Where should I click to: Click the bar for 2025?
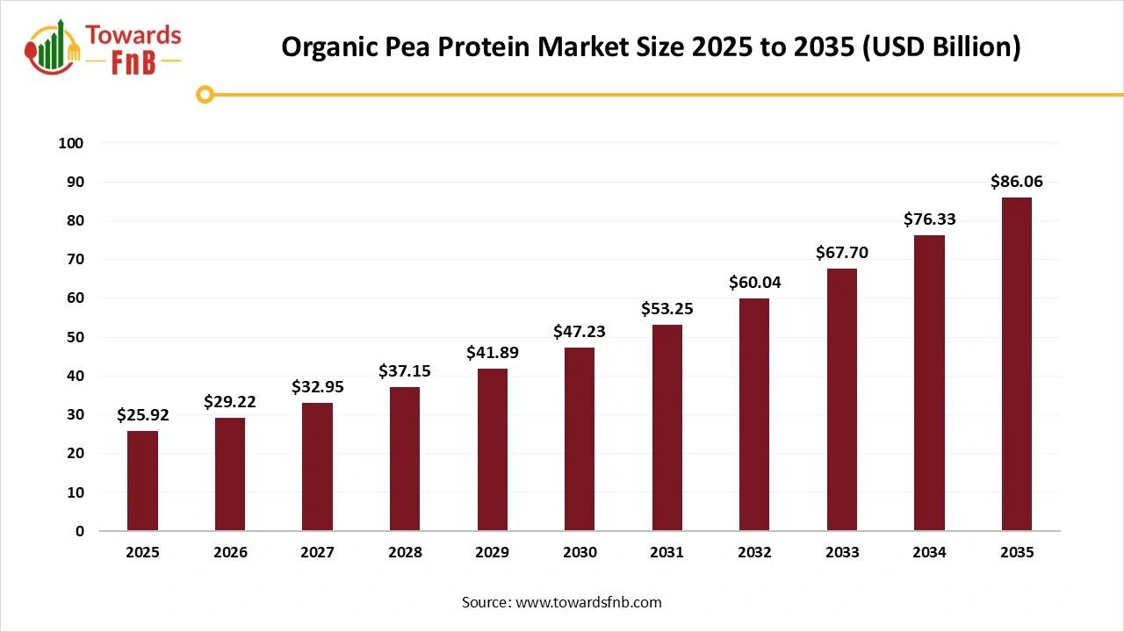tap(142, 480)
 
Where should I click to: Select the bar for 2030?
tap(580, 439)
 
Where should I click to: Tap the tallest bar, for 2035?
tap(1017, 363)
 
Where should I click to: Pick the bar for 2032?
tap(754, 414)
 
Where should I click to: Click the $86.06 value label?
tap(1017, 182)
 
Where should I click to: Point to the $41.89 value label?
tap(492, 353)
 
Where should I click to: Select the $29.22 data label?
tap(230, 402)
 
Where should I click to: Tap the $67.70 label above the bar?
tap(842, 253)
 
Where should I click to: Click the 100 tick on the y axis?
tap(71, 143)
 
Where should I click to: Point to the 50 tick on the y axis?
tap(76, 337)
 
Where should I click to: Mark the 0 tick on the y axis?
tap(80, 531)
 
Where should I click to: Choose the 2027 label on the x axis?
tap(317, 553)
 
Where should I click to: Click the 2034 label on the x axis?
tap(929, 553)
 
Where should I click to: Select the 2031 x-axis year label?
tap(667, 553)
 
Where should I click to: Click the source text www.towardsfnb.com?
tap(588, 602)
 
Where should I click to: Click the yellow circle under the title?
tap(205, 94)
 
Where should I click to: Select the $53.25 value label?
tap(667, 308)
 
